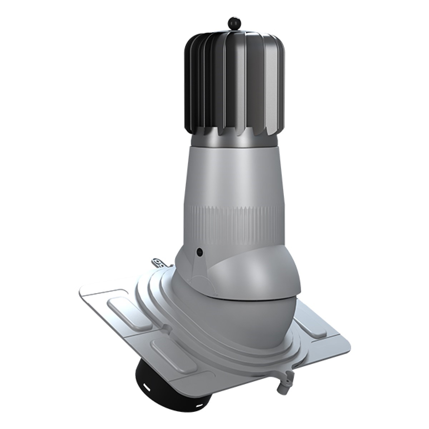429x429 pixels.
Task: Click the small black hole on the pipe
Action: [x=199, y=252]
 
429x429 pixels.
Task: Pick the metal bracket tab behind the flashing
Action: [x=160, y=263]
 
